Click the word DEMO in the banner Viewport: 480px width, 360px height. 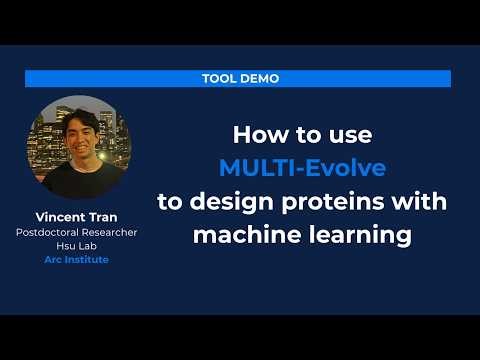260,78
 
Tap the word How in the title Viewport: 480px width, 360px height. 256,133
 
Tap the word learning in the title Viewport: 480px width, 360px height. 348,235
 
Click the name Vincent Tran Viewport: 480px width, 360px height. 76,217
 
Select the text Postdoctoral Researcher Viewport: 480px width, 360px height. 76,232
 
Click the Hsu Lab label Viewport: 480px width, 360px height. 76,246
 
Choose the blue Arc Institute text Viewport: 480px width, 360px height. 76,260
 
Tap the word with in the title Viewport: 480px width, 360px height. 421,201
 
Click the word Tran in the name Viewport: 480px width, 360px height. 105,217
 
